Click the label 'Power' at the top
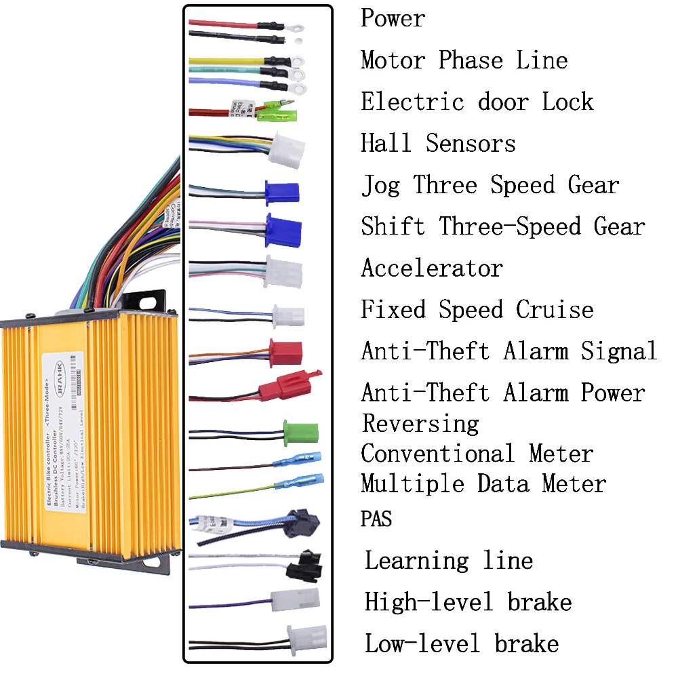(393, 18)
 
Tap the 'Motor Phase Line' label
(464, 60)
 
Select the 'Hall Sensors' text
(438, 143)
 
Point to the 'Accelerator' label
(432, 268)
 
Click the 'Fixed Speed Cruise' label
(477, 310)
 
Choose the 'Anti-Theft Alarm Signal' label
(509, 351)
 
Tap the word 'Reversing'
(420, 424)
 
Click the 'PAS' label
(376, 520)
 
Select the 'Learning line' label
(449, 561)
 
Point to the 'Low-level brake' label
(462, 643)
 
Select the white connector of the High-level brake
(294, 600)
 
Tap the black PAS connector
(303, 522)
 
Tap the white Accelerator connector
(283, 271)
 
